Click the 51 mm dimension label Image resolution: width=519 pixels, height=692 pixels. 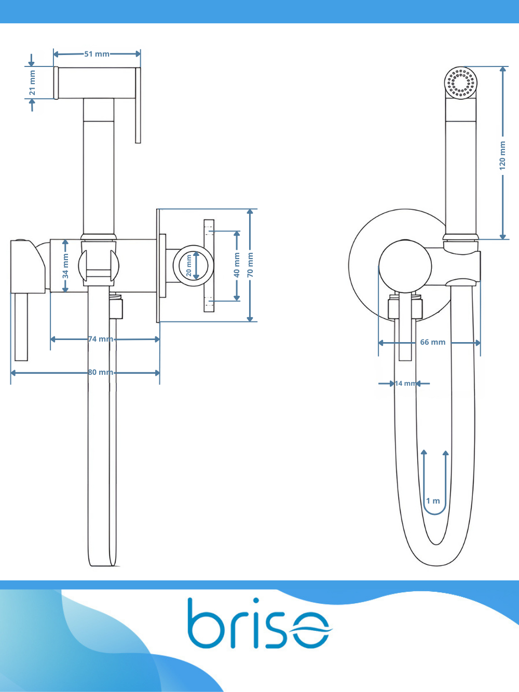tap(97, 54)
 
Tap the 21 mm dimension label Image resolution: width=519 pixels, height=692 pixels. tap(32, 83)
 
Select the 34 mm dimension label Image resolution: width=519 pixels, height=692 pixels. tap(65, 266)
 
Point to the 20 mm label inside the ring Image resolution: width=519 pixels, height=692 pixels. tap(189, 265)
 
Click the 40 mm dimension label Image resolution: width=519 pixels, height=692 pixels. tap(237, 265)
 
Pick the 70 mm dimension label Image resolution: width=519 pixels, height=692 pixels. tap(250, 265)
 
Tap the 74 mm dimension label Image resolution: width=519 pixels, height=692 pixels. tap(101, 339)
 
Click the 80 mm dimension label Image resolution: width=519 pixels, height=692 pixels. tap(101, 372)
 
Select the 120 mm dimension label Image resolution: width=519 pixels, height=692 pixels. tap(502, 156)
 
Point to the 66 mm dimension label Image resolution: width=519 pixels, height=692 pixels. tap(433, 342)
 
